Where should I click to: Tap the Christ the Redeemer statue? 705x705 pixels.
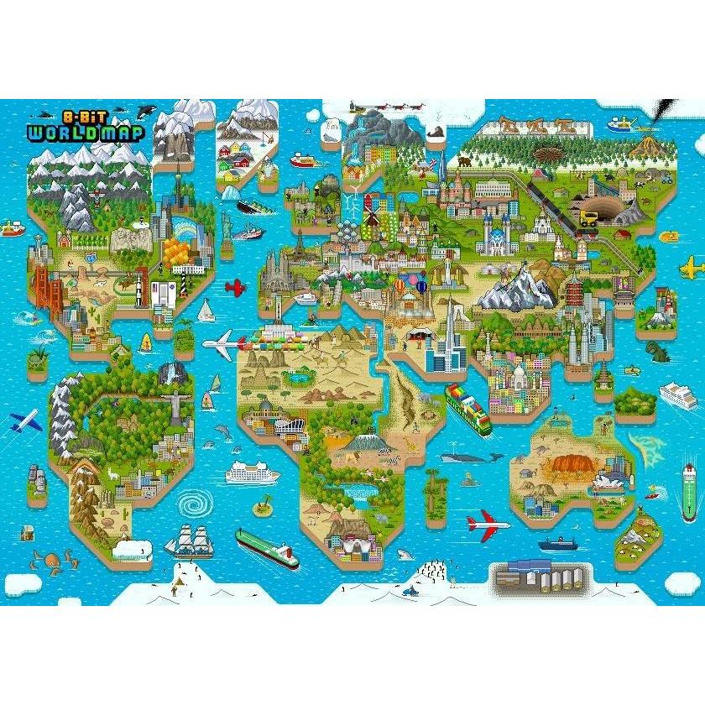click(175, 401)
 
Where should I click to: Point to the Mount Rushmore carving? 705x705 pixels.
click(131, 238)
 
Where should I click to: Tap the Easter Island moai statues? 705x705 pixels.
click(37, 478)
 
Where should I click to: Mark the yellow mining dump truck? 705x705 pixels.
click(589, 219)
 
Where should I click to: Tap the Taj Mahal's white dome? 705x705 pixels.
click(518, 374)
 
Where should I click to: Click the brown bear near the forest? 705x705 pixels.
click(463, 160)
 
